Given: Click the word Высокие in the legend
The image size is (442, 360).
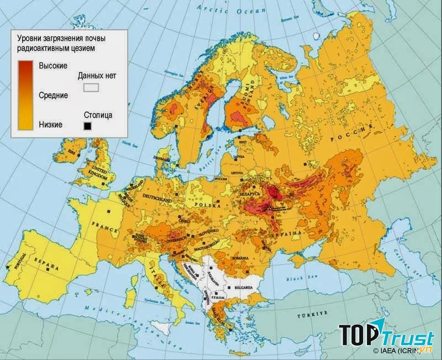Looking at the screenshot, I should (x=53, y=66).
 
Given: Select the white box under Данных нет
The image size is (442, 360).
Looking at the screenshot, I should (x=91, y=87).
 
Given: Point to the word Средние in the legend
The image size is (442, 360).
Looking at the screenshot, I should (x=53, y=96).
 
